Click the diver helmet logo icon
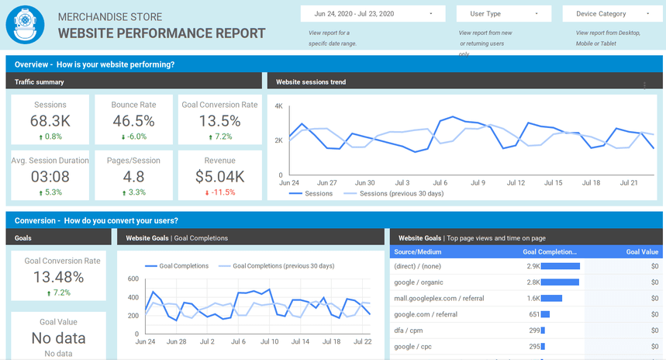(x=25, y=25)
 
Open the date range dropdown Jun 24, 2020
(x=373, y=14)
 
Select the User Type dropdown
(x=504, y=14)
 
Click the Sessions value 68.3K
(x=50, y=121)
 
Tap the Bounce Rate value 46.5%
(x=133, y=121)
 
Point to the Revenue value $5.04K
(x=219, y=177)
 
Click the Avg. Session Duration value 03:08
(x=50, y=177)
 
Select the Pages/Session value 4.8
(x=133, y=177)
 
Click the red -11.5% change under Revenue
(x=219, y=192)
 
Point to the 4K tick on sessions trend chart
(x=278, y=106)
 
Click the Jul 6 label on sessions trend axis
(x=439, y=183)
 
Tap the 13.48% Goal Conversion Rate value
(x=58, y=277)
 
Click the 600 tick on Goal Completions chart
(x=132, y=279)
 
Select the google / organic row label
(x=419, y=282)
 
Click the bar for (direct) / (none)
(x=561, y=266)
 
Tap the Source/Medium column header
(x=419, y=252)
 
